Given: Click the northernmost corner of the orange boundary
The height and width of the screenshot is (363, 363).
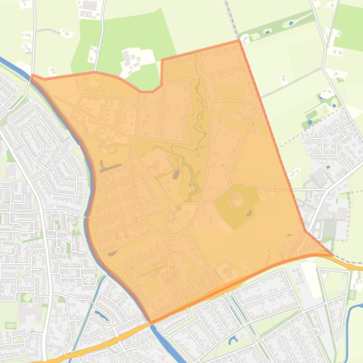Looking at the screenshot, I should click(x=239, y=41).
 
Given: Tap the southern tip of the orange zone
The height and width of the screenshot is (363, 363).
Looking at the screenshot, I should click(x=151, y=322).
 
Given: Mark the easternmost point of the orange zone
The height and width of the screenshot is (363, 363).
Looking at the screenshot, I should click(x=332, y=255).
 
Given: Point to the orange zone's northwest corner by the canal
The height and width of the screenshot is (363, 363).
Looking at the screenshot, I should click(x=33, y=75).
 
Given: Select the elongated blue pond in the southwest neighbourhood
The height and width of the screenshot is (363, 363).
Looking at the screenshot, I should click(x=101, y=314).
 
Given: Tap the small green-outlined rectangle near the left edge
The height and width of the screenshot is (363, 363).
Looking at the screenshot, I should click(x=10, y=325).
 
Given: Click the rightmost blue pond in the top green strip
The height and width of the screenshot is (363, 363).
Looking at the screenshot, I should click(x=290, y=23).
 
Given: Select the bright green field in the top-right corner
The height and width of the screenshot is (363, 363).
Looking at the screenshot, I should click(x=349, y=26).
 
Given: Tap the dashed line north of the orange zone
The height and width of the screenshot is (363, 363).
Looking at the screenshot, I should click(x=231, y=19).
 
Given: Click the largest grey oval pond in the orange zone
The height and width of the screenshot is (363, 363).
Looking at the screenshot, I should click(x=176, y=175).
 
